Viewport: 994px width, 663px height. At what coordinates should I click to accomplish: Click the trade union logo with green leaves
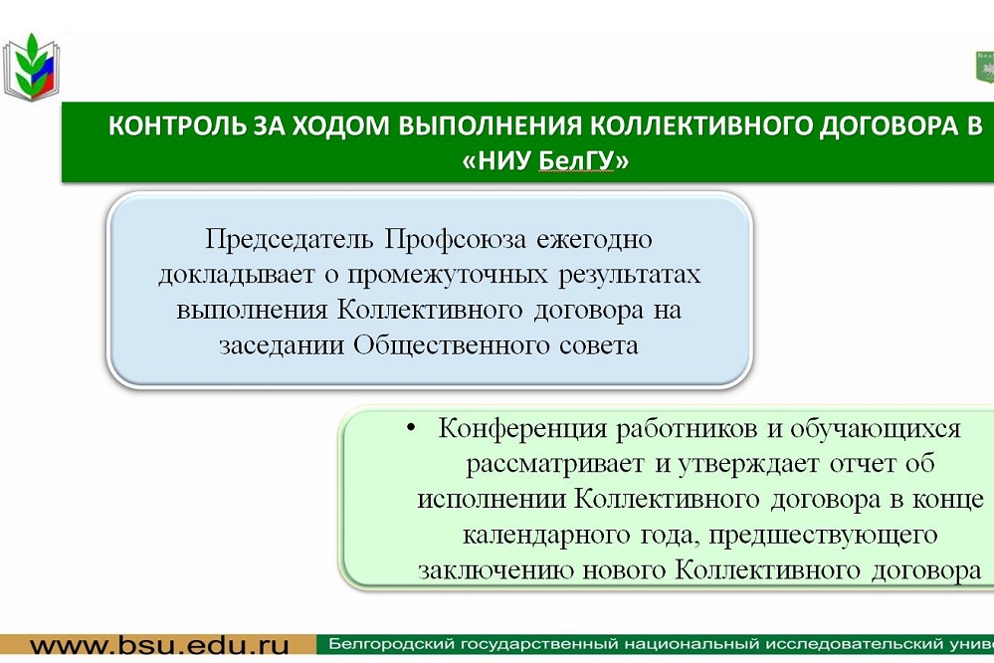[32, 67]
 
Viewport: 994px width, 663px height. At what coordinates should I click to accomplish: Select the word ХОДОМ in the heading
[343, 125]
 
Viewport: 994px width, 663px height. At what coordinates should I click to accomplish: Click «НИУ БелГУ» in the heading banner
[545, 160]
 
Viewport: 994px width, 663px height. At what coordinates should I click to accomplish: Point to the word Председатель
[290, 239]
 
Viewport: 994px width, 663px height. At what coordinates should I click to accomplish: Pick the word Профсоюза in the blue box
[456, 239]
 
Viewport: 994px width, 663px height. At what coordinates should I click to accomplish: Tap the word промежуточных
[448, 275]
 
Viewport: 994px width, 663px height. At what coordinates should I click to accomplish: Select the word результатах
[630, 275]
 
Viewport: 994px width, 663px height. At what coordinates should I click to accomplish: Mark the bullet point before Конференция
[411, 428]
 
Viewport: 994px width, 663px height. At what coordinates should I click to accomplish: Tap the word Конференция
[522, 429]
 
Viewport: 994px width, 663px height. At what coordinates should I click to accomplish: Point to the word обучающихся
[876, 429]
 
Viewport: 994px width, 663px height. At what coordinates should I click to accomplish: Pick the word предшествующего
[823, 536]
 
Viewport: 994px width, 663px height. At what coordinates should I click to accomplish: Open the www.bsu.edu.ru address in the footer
[159, 646]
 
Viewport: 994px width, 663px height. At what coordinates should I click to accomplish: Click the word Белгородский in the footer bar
[391, 645]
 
